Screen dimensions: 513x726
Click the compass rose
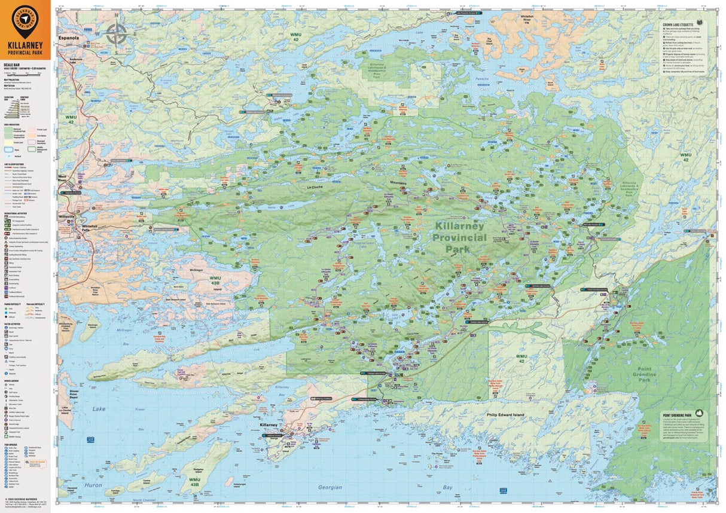(x=115, y=33)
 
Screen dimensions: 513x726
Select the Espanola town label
(x=69, y=38)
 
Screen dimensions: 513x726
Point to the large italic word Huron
(x=93, y=485)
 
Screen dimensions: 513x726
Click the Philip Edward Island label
(x=506, y=414)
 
